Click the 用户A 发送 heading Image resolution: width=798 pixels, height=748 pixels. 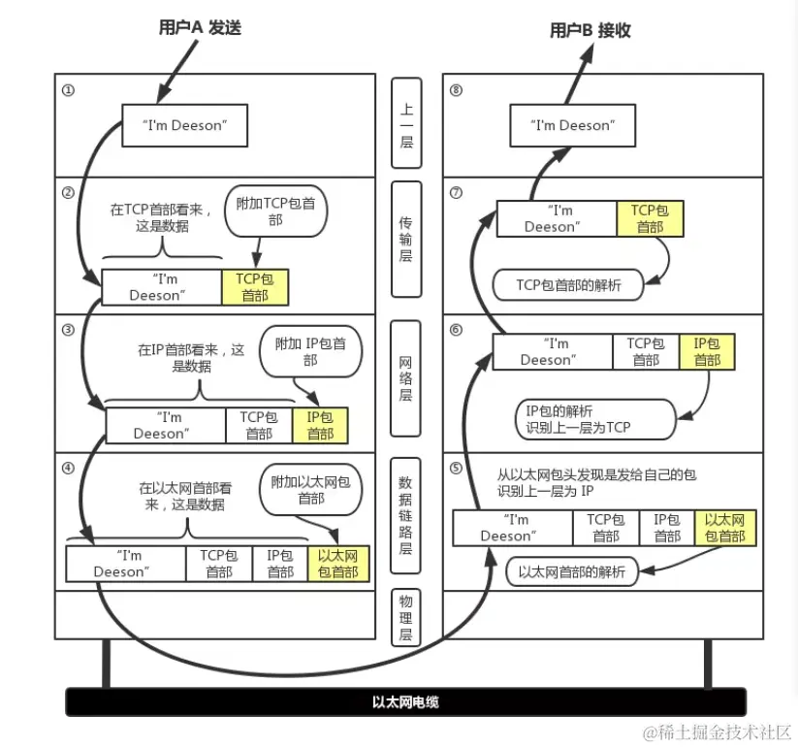coord(199,28)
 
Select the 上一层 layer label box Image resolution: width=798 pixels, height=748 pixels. coord(406,122)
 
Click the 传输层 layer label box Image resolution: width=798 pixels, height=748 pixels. coord(406,239)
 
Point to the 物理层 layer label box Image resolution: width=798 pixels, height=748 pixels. coord(406,617)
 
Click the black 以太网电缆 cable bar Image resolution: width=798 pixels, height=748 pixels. coord(405,701)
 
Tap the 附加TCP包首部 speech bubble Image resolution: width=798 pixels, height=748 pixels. coord(275,212)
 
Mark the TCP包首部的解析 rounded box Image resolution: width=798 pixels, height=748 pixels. coord(568,284)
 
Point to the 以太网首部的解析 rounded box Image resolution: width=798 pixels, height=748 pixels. coord(572,571)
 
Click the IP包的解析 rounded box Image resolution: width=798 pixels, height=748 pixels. coord(591,418)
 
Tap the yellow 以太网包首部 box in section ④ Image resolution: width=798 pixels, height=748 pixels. coord(337,564)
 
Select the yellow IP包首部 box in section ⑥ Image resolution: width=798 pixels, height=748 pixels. coord(706,351)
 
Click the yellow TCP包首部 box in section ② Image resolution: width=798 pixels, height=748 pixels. coord(255,287)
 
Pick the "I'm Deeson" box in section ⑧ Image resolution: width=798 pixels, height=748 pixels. coord(572,125)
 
